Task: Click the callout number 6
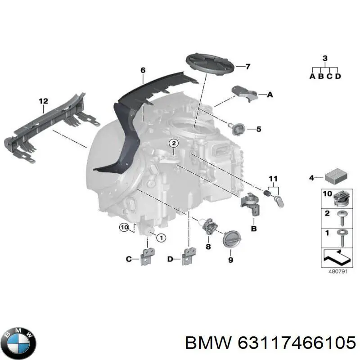point(143,70)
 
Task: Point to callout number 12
point(43,102)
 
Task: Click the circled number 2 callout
point(174,144)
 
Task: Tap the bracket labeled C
point(147,256)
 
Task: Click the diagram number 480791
point(336,271)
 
